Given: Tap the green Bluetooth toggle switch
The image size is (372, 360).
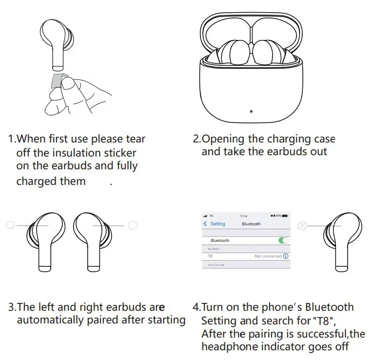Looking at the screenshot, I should (x=283, y=240).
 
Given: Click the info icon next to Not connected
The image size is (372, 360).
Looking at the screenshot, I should (x=286, y=256).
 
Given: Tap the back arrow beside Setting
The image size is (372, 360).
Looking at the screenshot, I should (x=205, y=224).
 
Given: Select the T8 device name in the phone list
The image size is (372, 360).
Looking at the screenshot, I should (x=210, y=256).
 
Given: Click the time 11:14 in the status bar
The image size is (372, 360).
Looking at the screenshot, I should (x=244, y=216).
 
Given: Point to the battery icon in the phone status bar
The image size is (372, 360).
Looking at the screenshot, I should (x=285, y=216).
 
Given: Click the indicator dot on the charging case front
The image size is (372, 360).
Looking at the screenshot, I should (x=251, y=111).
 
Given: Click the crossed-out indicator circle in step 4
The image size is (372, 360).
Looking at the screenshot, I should (x=302, y=226).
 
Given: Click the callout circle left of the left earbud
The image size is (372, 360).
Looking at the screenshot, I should (x=10, y=225).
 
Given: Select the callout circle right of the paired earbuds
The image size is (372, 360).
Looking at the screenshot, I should (x=132, y=225).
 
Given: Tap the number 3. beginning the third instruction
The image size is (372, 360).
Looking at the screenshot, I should (x=13, y=307).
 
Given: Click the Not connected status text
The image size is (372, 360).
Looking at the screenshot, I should (x=268, y=256).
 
